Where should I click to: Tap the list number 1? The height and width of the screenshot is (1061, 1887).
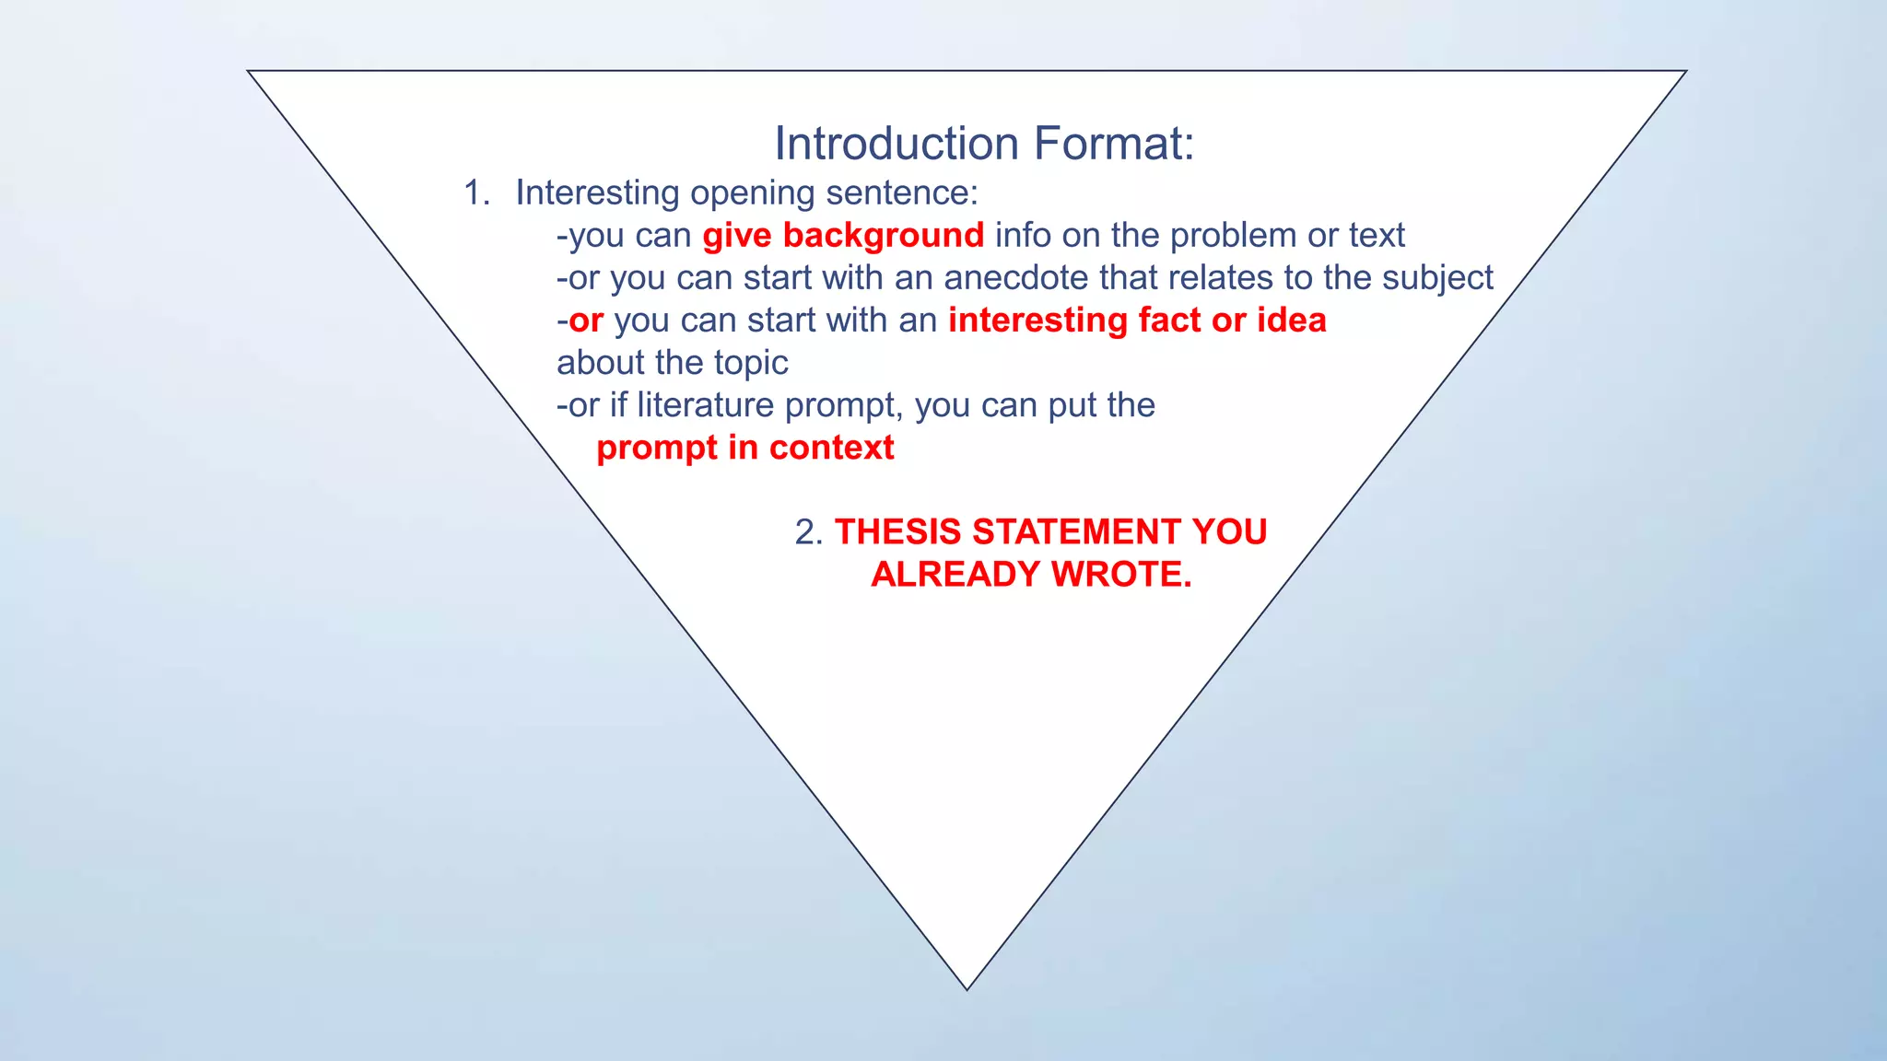[475, 192]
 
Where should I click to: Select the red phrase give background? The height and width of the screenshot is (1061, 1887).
[843, 236]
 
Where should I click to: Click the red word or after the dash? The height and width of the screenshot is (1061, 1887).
[586, 321]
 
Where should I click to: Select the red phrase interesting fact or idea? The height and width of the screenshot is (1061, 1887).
[1137, 321]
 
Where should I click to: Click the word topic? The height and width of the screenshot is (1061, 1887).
[751, 363]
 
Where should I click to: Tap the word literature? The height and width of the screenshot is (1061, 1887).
[705, 405]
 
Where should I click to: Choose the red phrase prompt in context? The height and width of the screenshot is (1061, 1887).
[744, 448]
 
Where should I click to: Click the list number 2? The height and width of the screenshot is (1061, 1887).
[807, 532]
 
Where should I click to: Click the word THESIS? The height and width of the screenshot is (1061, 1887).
[898, 532]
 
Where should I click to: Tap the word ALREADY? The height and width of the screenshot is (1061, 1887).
[955, 575]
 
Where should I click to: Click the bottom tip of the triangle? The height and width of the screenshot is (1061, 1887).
[967, 988]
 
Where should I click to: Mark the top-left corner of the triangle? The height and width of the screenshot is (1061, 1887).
[250, 72]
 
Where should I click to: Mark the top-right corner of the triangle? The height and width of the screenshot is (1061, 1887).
[1684, 72]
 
